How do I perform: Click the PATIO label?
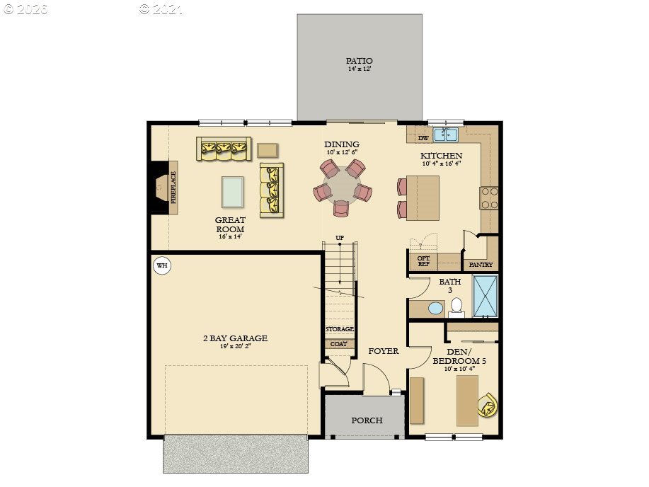pyautogui.click(x=359, y=61)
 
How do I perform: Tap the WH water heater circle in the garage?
pyautogui.click(x=162, y=266)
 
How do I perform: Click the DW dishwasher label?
pyautogui.click(x=423, y=138)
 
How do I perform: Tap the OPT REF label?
pyautogui.click(x=423, y=261)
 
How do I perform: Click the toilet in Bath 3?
pyautogui.click(x=456, y=306)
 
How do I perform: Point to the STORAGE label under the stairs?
pyautogui.click(x=340, y=329)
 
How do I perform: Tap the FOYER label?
pyautogui.click(x=384, y=351)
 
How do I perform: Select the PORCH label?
pyautogui.click(x=367, y=420)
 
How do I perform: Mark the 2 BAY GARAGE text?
pyautogui.click(x=235, y=338)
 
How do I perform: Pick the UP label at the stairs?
pyautogui.click(x=340, y=238)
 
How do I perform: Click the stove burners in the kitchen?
pyautogui.click(x=488, y=197)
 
